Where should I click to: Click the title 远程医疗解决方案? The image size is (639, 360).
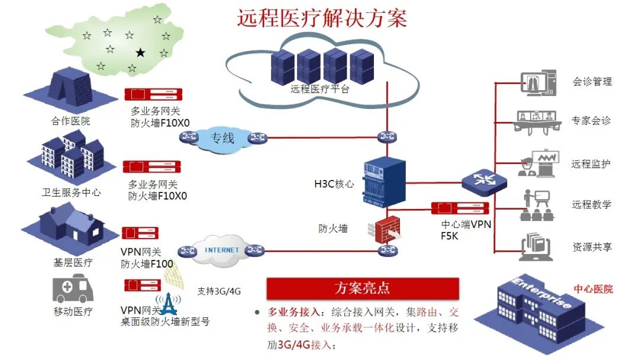click(x=322, y=18)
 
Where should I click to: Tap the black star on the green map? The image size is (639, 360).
click(x=140, y=53)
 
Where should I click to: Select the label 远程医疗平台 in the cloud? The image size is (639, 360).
click(x=320, y=90)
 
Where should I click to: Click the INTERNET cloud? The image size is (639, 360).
click(x=222, y=249)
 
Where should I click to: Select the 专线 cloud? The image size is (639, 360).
click(x=222, y=139)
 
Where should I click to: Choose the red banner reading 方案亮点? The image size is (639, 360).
click(x=363, y=288)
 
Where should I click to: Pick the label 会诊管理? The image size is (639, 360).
click(x=592, y=82)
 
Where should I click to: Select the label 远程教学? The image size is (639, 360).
click(x=592, y=205)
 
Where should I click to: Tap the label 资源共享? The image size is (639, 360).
click(x=592, y=247)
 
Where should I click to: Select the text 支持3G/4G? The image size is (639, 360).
click(x=219, y=291)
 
